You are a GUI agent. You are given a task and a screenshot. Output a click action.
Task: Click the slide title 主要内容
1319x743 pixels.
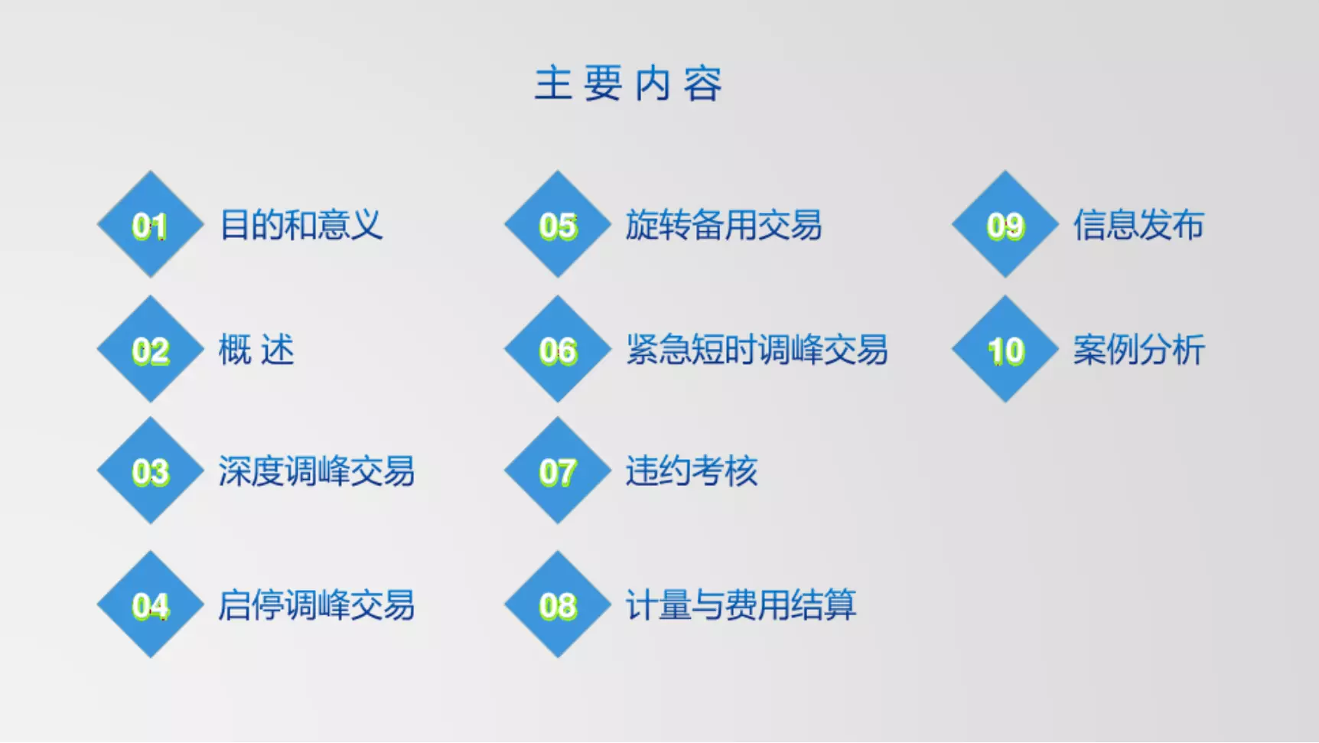tap(628, 83)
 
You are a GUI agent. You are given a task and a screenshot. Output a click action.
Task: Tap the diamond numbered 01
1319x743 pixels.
tap(151, 224)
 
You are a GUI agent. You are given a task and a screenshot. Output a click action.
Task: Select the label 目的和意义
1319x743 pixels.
tap(301, 225)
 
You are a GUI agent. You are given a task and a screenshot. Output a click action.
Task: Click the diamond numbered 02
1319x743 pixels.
tap(151, 349)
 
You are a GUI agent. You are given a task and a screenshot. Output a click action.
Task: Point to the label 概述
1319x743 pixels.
tap(256, 350)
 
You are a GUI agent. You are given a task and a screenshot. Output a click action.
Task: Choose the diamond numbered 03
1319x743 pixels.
tap(151, 471)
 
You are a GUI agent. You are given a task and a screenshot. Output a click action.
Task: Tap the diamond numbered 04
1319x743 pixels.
tap(151, 605)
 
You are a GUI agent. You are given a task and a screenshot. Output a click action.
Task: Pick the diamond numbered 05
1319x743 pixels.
tap(558, 224)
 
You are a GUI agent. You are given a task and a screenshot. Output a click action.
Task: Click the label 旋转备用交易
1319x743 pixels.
tap(724, 225)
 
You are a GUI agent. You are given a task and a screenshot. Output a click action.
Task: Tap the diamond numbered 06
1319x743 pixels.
tap(558, 349)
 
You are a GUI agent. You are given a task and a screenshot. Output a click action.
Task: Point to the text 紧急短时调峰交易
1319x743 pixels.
tap(757, 350)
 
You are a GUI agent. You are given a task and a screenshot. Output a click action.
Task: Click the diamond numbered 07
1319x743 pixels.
tap(558, 471)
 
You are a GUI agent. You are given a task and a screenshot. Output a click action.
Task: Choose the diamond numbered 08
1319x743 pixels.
tap(558, 605)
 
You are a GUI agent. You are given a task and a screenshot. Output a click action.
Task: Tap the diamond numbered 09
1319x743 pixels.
tap(1005, 224)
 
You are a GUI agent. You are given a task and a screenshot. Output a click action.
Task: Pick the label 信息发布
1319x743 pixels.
tap(1138, 225)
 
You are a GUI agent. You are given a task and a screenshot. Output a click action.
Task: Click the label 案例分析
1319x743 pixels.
tap(1138, 350)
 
